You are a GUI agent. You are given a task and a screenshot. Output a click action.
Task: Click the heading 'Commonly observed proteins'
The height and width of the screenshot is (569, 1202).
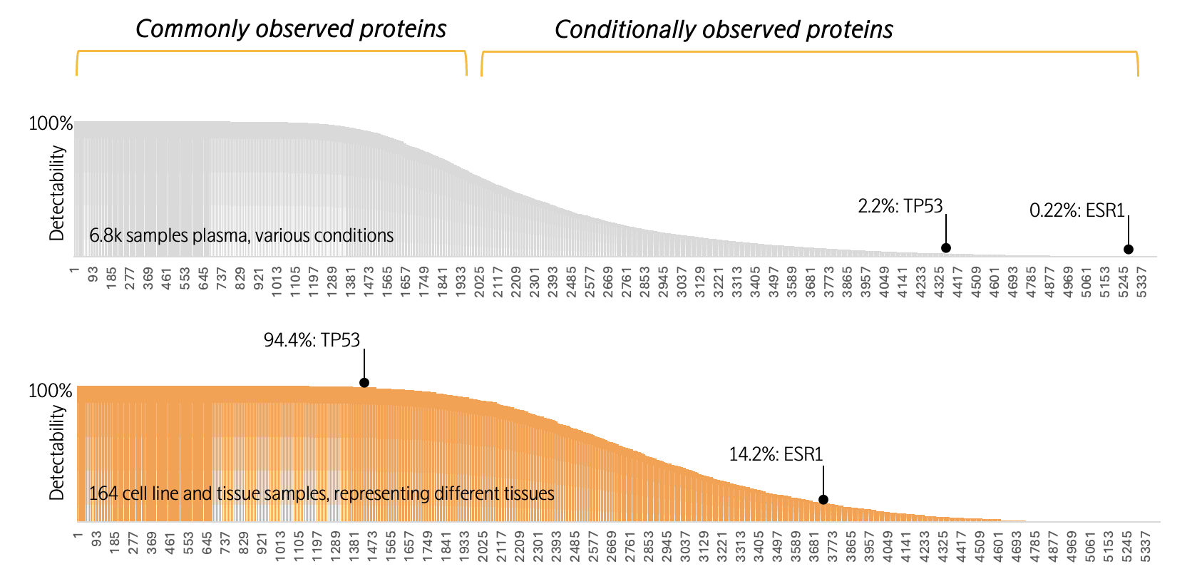coord(291,29)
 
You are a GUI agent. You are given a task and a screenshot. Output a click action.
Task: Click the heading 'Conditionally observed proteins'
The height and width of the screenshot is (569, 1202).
coord(724,30)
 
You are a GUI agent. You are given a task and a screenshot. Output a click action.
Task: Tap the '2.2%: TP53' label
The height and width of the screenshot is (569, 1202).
coord(900,206)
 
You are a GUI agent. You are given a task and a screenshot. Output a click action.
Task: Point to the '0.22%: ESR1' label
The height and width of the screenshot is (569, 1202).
coord(1077,210)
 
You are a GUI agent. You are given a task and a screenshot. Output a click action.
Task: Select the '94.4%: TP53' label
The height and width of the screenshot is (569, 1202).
coord(312,340)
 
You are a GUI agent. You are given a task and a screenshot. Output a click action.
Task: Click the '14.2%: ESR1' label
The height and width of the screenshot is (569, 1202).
coord(776,454)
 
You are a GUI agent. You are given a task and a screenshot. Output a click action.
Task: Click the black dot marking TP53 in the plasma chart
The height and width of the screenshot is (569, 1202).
coord(946,248)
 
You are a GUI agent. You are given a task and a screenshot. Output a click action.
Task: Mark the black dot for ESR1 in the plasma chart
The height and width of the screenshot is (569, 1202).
coord(1129,250)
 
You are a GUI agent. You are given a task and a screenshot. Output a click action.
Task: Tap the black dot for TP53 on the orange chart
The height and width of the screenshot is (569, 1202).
coord(364,383)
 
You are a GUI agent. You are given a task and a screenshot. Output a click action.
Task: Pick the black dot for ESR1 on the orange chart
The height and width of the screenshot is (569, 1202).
coord(823,500)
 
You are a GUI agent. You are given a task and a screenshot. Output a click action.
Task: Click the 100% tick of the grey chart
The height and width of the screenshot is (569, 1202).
coord(51,124)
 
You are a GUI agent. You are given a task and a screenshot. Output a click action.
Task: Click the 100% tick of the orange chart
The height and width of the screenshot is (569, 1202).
coord(51,391)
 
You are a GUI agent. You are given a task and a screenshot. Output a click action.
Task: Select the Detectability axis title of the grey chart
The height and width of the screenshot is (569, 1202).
coord(58,193)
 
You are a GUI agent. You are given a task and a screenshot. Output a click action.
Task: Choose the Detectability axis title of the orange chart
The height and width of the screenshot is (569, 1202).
coord(58,453)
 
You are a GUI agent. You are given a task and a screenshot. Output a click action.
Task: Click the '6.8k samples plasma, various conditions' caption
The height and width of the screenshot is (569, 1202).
coord(242,235)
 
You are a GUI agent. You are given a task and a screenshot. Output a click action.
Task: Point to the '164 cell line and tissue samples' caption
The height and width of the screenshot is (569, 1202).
coord(322,493)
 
